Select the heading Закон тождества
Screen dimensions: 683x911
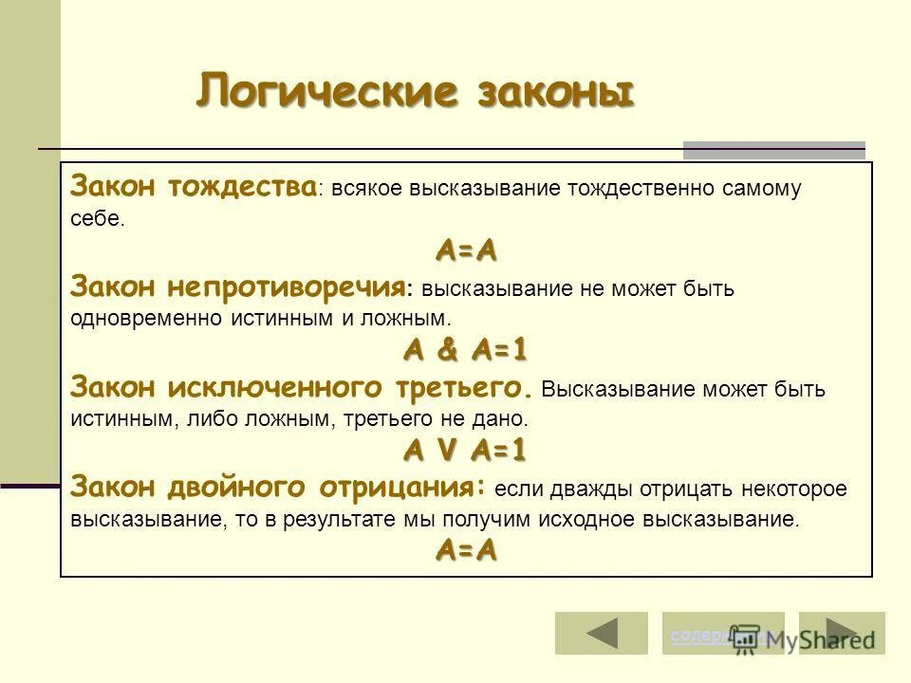pos(194,186)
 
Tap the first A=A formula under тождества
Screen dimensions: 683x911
pos(466,251)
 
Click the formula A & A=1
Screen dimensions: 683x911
pos(466,350)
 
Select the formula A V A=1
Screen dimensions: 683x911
pos(466,449)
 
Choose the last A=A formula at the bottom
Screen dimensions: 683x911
pos(466,549)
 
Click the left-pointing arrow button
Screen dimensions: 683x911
pos(588,633)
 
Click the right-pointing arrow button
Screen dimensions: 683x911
pos(842,633)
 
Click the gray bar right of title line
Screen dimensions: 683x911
pos(774,149)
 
